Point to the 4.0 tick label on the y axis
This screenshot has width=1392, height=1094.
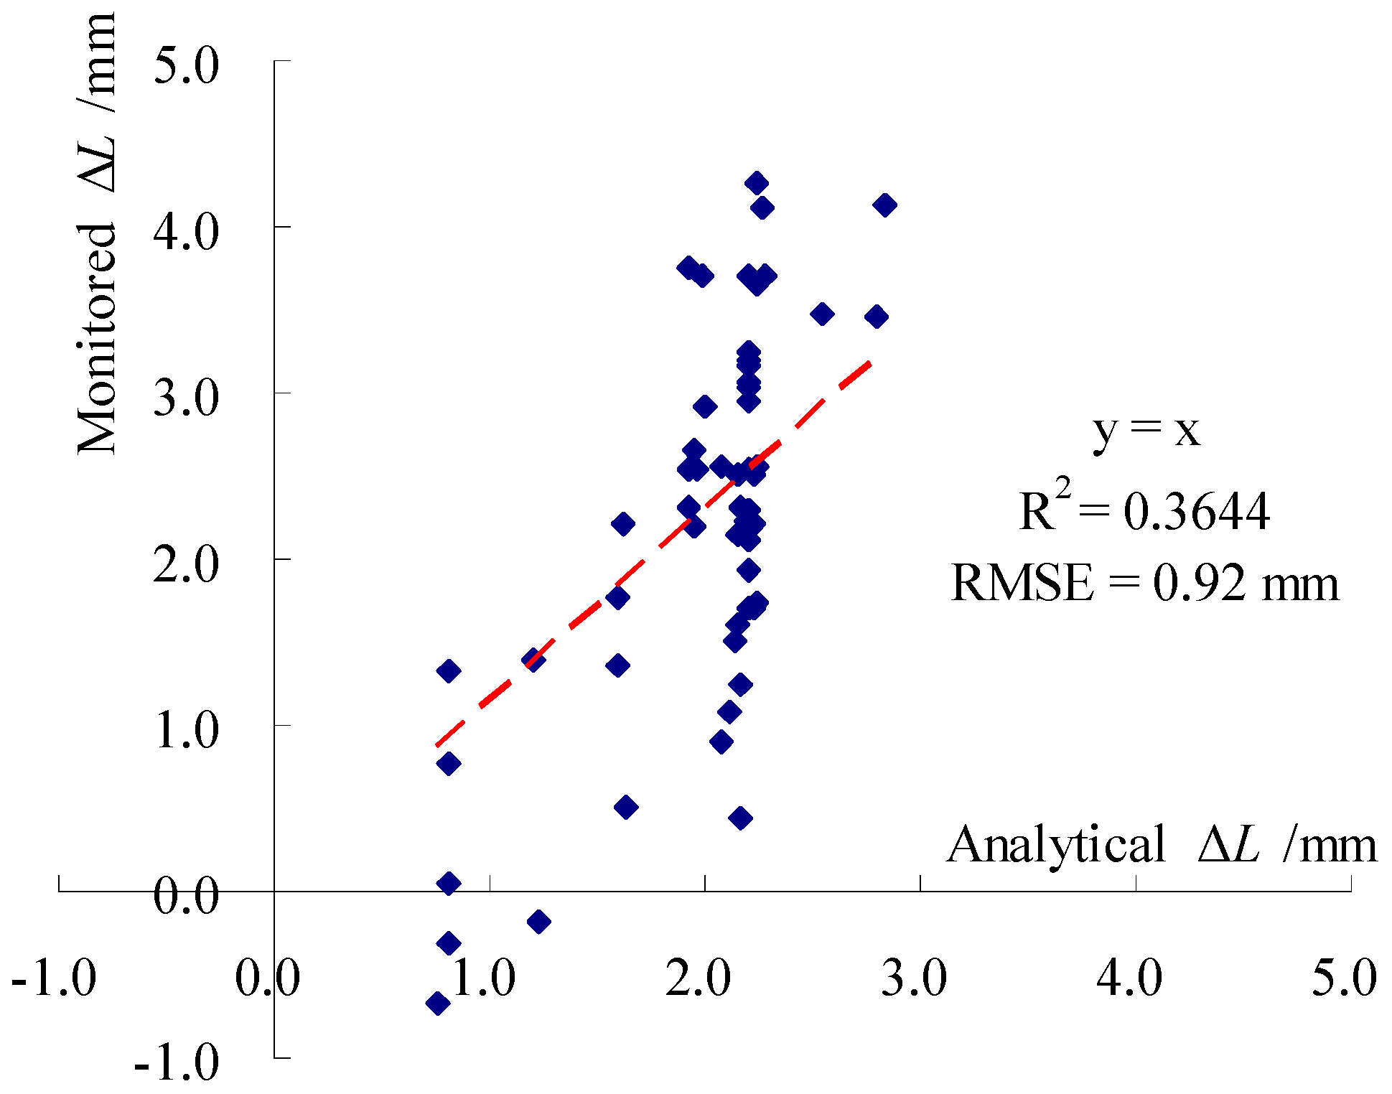pyautogui.click(x=185, y=233)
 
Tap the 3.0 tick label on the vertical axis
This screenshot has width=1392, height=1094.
pyautogui.click(x=185, y=399)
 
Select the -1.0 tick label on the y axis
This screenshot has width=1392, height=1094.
pyautogui.click(x=177, y=1062)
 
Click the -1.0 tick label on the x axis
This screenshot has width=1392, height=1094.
pyautogui.click(x=54, y=978)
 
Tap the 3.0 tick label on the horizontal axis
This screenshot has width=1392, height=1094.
pyautogui.click(x=914, y=978)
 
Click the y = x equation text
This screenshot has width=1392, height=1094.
pyautogui.click(x=1146, y=431)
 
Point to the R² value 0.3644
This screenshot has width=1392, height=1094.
pyautogui.click(x=1196, y=513)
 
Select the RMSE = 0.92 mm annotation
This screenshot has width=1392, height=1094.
pyautogui.click(x=1145, y=583)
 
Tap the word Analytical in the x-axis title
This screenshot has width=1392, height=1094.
pyautogui.click(x=1057, y=845)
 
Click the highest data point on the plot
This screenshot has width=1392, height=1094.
pyautogui.click(x=756, y=183)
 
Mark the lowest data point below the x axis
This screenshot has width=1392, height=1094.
pyautogui.click(x=437, y=1003)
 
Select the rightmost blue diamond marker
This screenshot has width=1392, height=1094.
pyautogui.click(x=885, y=205)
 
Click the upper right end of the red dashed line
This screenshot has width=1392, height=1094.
pyautogui.click(x=870, y=363)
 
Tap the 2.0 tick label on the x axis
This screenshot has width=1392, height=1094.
pyautogui.click(x=698, y=978)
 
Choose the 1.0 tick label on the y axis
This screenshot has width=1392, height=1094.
pyautogui.click(x=185, y=731)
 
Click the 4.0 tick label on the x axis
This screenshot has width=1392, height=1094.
pyautogui.click(x=1129, y=978)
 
